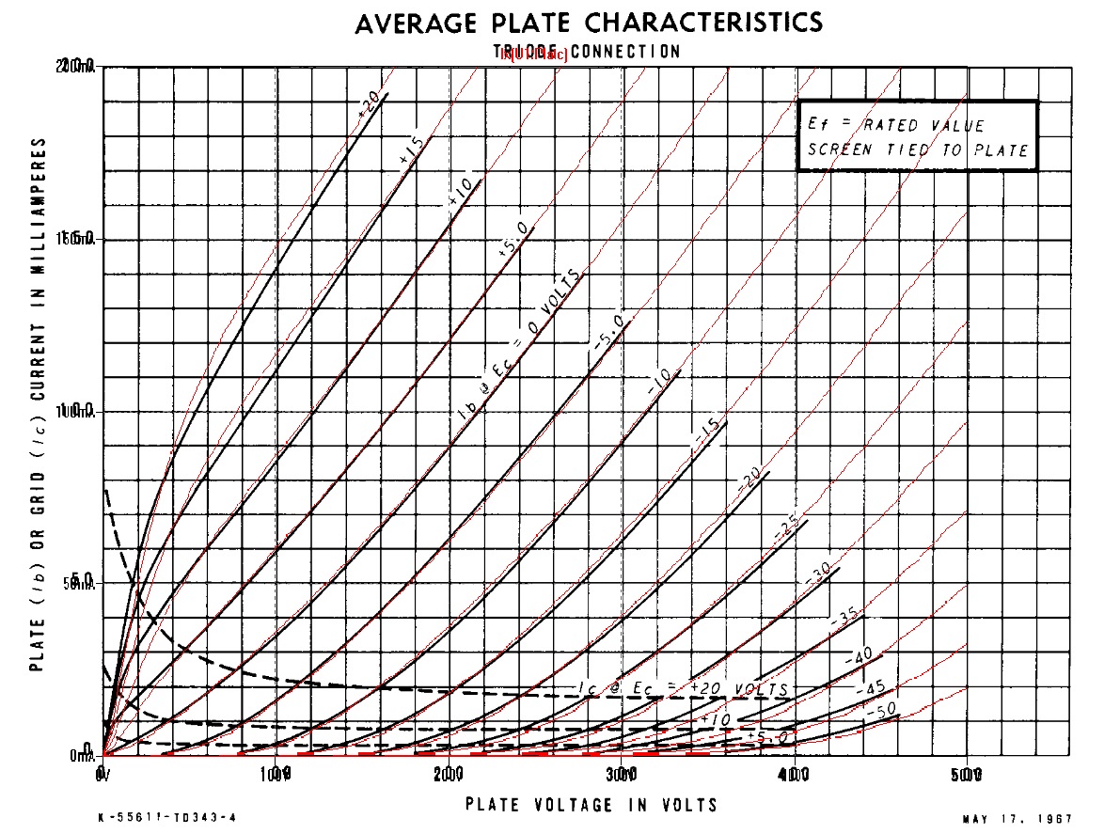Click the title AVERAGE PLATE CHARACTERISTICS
click(589, 23)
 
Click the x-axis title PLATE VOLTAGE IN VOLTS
click(592, 805)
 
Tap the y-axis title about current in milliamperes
click(39, 404)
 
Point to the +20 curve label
click(370, 108)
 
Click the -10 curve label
click(659, 382)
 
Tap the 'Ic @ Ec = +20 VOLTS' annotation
click(683, 691)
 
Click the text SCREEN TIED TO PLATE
click(917, 149)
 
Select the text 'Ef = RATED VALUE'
click(896, 125)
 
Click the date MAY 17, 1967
click(1017, 819)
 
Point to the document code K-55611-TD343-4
click(166, 818)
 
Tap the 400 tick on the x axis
click(795, 774)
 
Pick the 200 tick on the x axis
click(450, 774)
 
